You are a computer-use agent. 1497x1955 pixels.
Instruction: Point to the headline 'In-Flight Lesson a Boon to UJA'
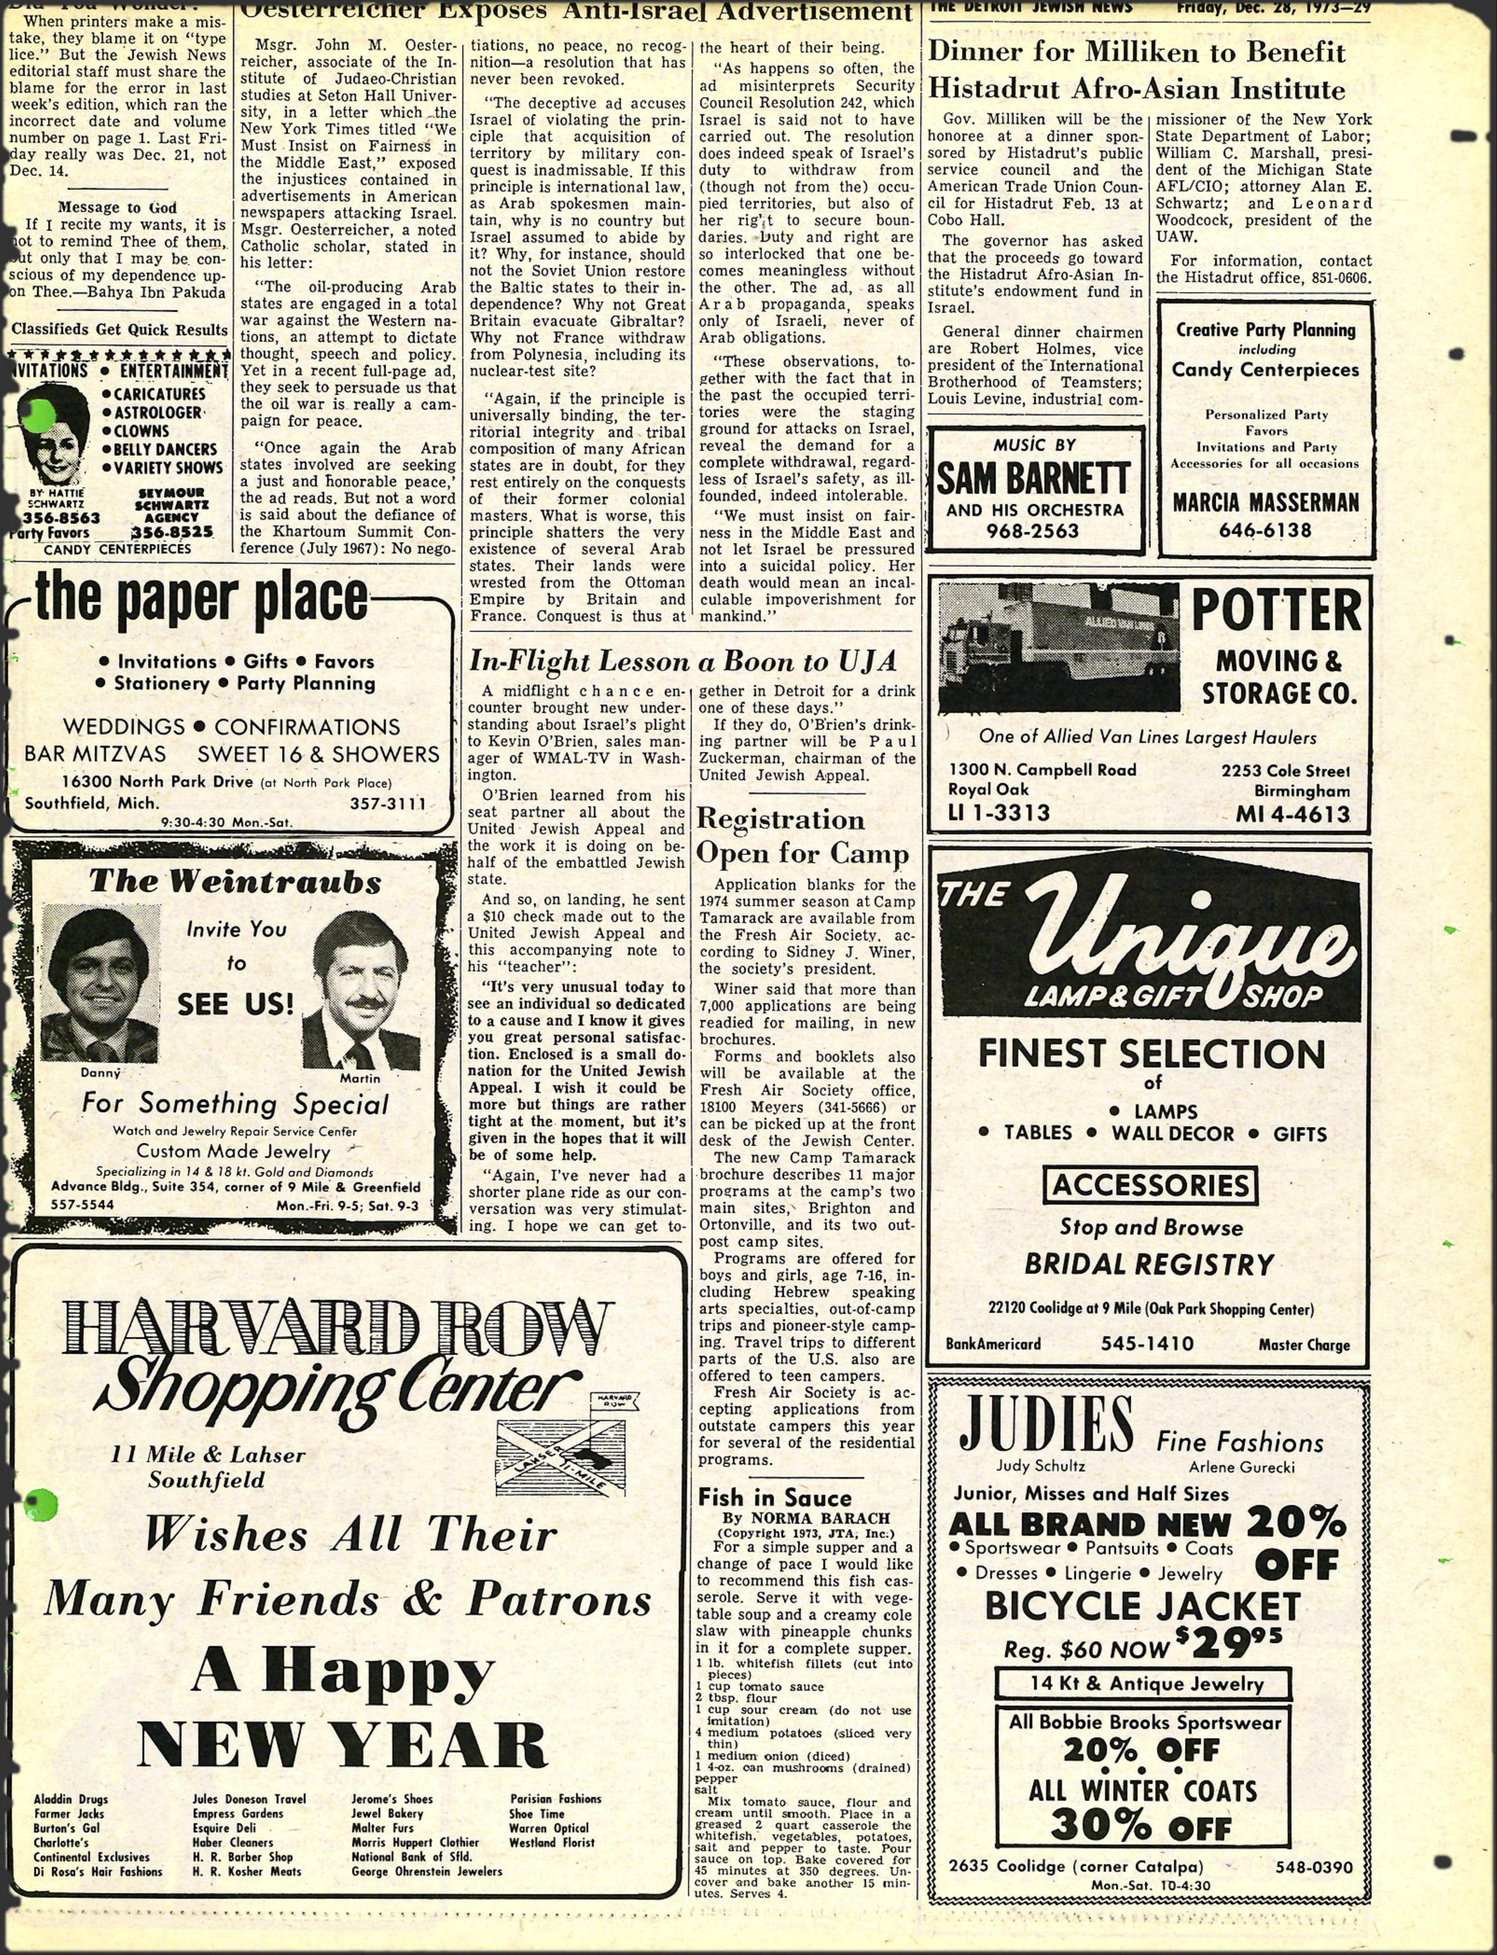[683, 661]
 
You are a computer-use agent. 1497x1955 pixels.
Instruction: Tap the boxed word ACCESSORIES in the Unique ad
[1151, 1185]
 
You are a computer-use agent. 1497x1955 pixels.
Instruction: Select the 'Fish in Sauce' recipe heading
[774, 1497]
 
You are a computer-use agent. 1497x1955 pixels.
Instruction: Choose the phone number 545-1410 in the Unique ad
[1147, 1344]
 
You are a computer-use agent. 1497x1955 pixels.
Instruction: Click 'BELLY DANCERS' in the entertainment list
[165, 449]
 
